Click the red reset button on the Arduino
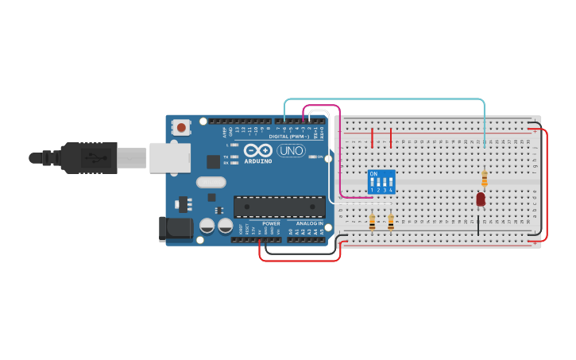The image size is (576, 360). click(x=182, y=127)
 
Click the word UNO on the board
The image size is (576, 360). click(x=291, y=150)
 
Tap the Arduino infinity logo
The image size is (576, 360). click(x=258, y=150)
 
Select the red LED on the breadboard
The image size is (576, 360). click(x=481, y=199)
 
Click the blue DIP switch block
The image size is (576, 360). click(x=381, y=181)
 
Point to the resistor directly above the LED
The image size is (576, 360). click(x=485, y=179)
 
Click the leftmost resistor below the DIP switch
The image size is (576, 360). click(x=372, y=222)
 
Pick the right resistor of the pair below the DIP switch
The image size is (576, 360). click(x=391, y=222)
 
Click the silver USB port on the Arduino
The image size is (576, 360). click(x=169, y=157)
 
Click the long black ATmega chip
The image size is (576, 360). click(x=279, y=207)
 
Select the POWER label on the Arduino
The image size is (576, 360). click(x=271, y=223)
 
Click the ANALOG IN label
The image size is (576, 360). click(x=310, y=223)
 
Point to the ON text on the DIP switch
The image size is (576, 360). click(x=373, y=173)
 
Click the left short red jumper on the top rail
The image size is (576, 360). click(x=372, y=137)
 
